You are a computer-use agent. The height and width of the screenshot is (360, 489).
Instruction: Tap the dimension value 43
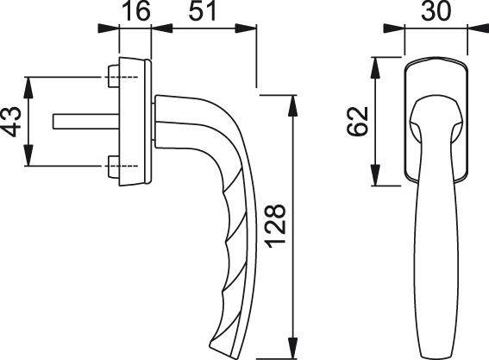tap(12, 122)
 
